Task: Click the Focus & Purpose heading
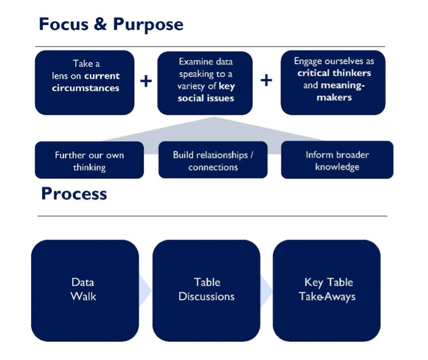click(111, 25)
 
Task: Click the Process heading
click(74, 194)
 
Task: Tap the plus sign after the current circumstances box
click(146, 81)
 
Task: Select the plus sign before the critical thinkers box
click(266, 80)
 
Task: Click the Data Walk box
click(85, 291)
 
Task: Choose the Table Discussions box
click(206, 291)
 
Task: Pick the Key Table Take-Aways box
click(326, 291)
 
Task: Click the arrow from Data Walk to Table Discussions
click(145, 291)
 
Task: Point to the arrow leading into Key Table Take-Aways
click(266, 291)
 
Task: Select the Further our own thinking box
click(89, 160)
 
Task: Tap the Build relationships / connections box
click(213, 160)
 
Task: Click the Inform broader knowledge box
click(337, 160)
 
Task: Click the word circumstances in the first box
click(86, 88)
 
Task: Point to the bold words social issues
click(206, 98)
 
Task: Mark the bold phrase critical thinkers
click(334, 73)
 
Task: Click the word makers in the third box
click(334, 97)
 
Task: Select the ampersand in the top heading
click(100, 24)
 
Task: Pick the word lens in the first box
click(60, 76)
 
